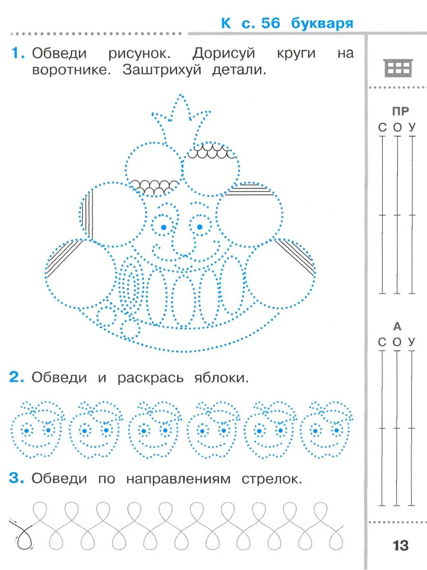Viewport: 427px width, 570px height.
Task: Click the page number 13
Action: (401, 545)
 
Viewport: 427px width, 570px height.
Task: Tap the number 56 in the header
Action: (270, 23)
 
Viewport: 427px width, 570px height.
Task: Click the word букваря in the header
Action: (322, 24)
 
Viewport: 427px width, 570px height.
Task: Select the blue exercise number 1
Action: (18, 53)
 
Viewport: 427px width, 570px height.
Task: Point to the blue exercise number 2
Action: (17, 378)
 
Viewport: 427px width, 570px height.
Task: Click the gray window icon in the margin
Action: (398, 68)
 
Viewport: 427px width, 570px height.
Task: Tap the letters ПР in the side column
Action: (400, 112)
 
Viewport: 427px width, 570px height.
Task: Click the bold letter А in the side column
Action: (397, 326)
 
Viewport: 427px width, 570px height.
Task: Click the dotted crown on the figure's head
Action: (181, 119)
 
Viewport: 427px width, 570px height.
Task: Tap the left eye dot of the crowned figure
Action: (164, 227)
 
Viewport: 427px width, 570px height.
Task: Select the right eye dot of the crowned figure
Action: (200, 227)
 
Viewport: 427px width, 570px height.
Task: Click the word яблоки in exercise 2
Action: (222, 378)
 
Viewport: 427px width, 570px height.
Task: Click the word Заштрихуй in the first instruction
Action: (162, 70)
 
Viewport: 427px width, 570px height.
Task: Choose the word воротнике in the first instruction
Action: (71, 70)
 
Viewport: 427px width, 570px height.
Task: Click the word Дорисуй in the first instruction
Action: (223, 54)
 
